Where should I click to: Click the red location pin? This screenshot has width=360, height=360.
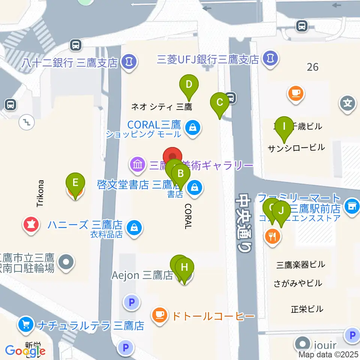click(172, 157)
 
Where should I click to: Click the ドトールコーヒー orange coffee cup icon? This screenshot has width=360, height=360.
click(160, 314)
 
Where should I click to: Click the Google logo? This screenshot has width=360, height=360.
click(25, 351)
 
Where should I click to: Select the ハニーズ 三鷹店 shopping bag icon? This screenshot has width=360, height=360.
click(133, 226)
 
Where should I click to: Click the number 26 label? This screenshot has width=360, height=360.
click(312, 67)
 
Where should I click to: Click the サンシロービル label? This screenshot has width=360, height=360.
click(296, 148)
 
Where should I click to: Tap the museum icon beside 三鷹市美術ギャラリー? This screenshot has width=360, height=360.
click(138, 164)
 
